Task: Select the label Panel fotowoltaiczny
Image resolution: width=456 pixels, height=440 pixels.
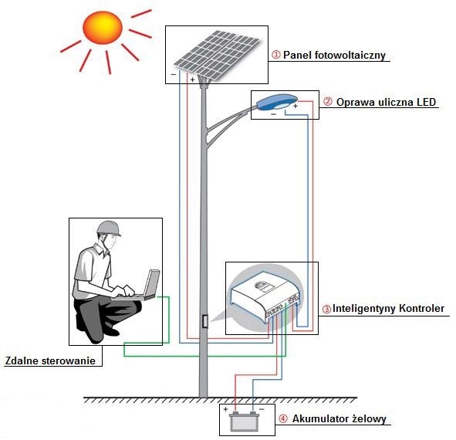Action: click(x=334, y=56)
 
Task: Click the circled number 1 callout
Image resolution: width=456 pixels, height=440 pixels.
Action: click(x=275, y=56)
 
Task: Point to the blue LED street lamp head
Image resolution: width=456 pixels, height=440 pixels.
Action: click(x=276, y=100)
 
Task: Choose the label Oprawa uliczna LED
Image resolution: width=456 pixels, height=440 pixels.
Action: click(x=387, y=102)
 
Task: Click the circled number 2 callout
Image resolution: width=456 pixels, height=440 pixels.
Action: click(x=327, y=102)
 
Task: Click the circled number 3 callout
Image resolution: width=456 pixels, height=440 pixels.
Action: click(x=326, y=309)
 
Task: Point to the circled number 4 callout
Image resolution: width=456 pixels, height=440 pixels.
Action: click(x=282, y=420)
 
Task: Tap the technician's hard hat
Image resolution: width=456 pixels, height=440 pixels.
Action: click(x=107, y=228)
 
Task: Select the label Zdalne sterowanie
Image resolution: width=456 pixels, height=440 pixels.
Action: click(x=51, y=360)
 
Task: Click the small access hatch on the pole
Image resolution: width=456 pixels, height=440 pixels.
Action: click(x=204, y=322)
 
